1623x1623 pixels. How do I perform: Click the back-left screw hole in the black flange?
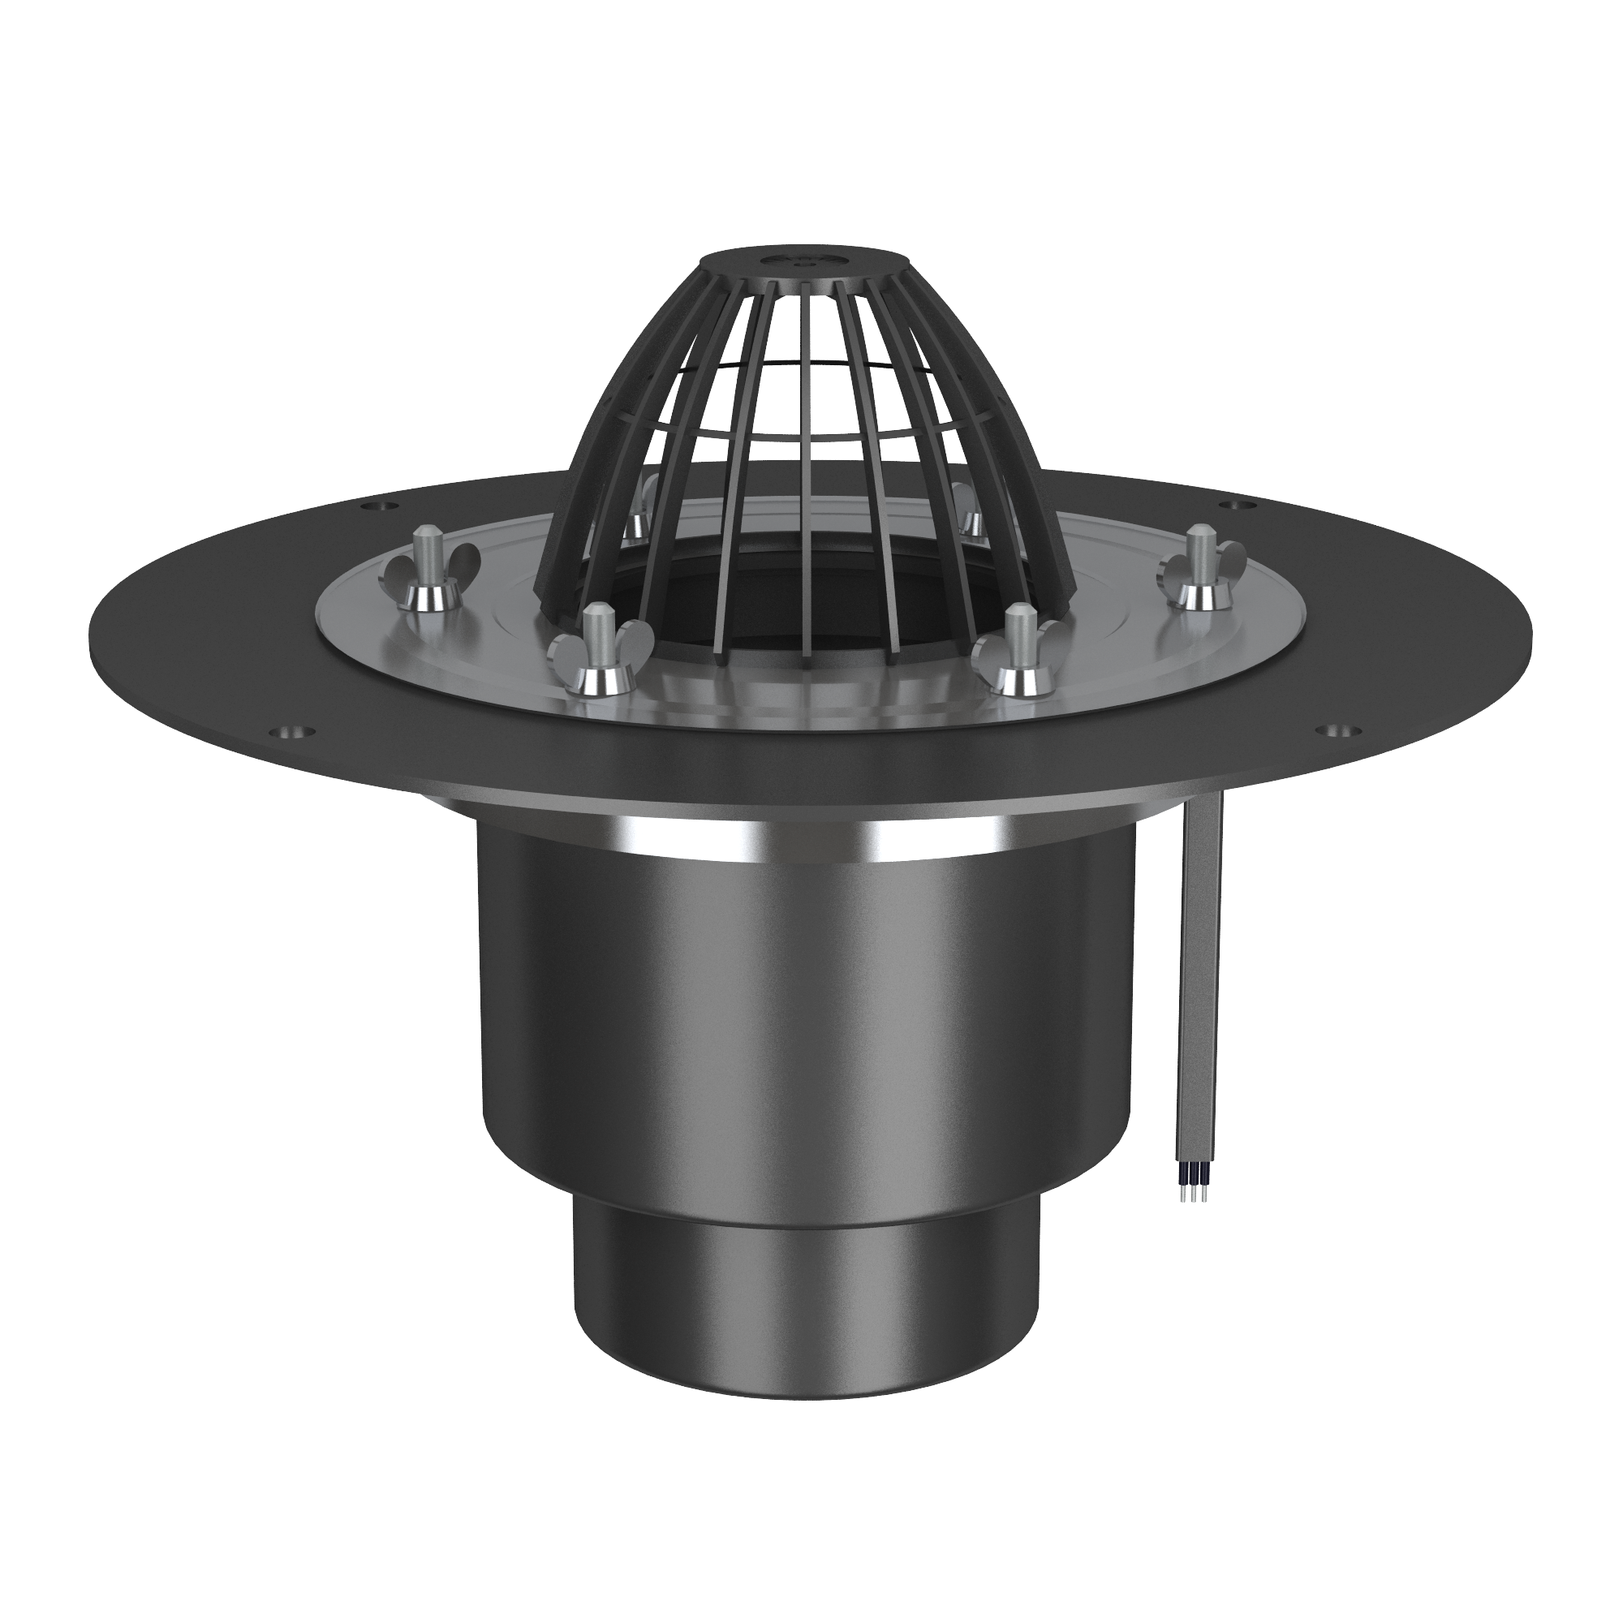click(x=372, y=506)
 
